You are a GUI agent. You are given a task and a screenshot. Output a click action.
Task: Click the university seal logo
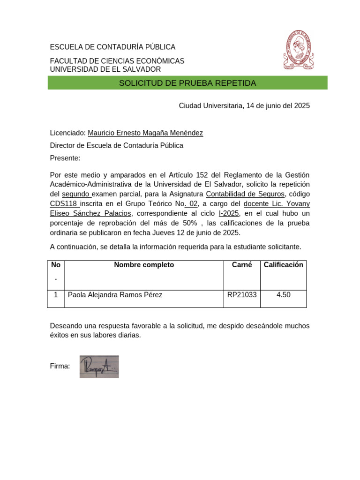coord(298,51)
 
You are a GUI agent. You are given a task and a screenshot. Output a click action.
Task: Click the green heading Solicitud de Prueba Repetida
coord(187,83)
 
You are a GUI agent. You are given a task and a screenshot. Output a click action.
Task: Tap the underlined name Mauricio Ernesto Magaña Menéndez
coord(145,133)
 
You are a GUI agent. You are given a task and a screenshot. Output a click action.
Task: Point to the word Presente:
coord(65,158)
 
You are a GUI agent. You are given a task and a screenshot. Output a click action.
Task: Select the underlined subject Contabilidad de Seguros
coord(245,194)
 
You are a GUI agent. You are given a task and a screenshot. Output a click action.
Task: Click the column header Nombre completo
coord(144,265)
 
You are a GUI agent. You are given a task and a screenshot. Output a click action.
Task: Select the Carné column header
coord(242,265)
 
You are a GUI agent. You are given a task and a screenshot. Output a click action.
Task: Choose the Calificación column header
coord(283,265)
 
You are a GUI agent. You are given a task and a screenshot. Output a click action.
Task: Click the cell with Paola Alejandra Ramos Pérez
coord(115,295)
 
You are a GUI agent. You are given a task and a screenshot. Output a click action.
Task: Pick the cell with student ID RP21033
coord(242,295)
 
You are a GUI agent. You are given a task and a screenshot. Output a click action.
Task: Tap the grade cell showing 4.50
coord(283,295)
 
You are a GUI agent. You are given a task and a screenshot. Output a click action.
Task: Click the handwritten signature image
coord(99,367)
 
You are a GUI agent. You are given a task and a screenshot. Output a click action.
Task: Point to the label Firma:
coord(60,366)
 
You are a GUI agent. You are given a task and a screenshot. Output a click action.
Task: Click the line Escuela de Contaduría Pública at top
coord(112,47)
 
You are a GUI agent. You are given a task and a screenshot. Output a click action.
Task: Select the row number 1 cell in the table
coord(56,295)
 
